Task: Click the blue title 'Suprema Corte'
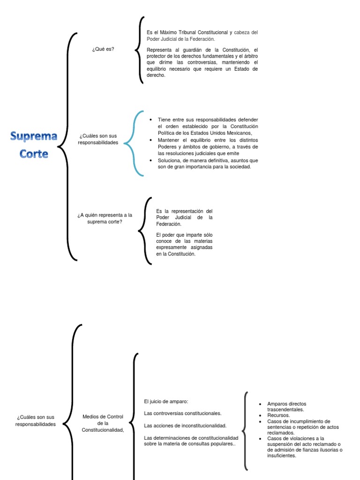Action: (34, 145)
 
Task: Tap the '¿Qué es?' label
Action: (103, 49)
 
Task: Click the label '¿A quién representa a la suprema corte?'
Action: (105, 218)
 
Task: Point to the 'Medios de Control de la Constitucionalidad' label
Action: (103, 423)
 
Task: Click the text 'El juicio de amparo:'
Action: (166, 401)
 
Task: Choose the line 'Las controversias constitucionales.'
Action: (182, 413)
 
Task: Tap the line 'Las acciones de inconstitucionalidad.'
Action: (185, 426)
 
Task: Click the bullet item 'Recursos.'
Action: (278, 415)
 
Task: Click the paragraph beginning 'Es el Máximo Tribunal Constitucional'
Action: (202, 36)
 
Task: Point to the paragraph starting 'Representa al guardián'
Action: (202, 62)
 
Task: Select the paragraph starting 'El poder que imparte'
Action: (184, 244)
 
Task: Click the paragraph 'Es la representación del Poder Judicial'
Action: (184, 217)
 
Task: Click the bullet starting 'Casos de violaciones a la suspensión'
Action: (304, 447)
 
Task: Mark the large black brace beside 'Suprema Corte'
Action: (69, 145)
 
